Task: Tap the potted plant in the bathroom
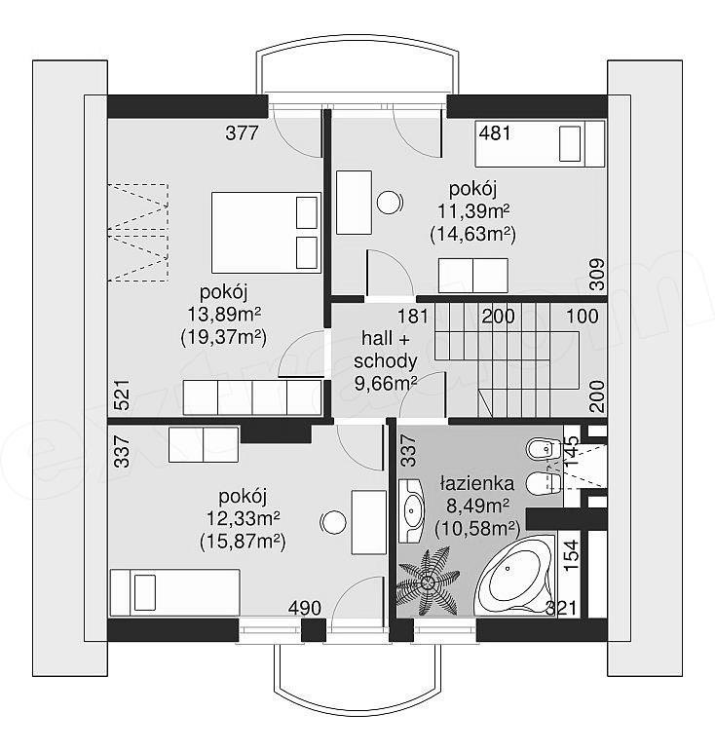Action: coord(428,582)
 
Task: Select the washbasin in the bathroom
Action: coord(411,510)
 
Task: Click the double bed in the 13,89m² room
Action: coord(266,232)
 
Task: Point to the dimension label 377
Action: coord(242,132)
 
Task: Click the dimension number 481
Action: coord(495,132)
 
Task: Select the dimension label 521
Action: coord(123,394)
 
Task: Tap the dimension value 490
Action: coord(305,608)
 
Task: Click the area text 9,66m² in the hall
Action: coord(386,383)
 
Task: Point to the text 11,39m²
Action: coord(473,210)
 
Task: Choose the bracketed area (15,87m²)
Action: coord(243,542)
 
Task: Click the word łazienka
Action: coord(477,483)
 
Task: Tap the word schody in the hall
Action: coord(386,360)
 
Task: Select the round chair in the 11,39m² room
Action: coord(390,203)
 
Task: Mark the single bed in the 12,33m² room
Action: coord(174,592)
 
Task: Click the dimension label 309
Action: coord(597,275)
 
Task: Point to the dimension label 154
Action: coord(572,555)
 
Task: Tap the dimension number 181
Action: coord(413,317)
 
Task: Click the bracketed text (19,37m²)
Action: coord(223,337)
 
